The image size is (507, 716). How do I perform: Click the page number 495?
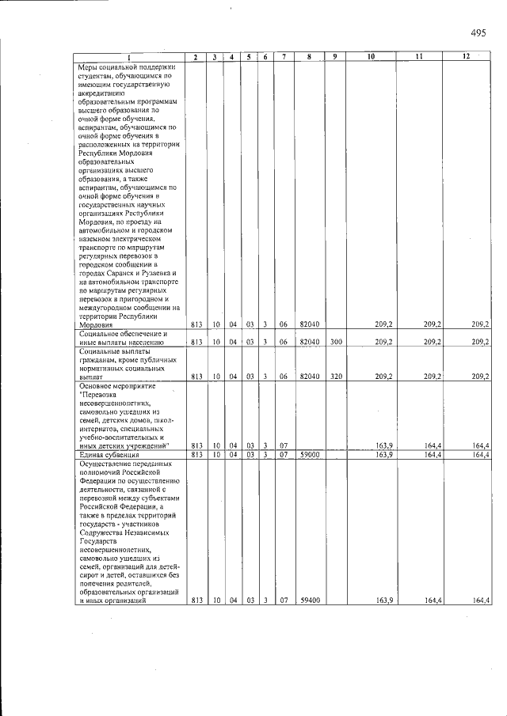coord(478,32)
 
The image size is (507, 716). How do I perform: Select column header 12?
coord(467,57)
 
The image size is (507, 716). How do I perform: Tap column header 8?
coord(309,57)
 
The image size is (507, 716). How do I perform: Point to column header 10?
coord(370,57)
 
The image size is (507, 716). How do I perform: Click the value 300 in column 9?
coord(335,342)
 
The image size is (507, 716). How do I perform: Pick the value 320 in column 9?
coord(335,377)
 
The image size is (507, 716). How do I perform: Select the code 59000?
coord(309,455)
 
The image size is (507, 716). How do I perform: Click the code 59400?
coord(309,600)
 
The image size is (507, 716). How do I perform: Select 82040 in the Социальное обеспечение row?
coord(309,342)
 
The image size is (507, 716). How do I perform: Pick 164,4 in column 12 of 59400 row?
coord(480,600)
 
